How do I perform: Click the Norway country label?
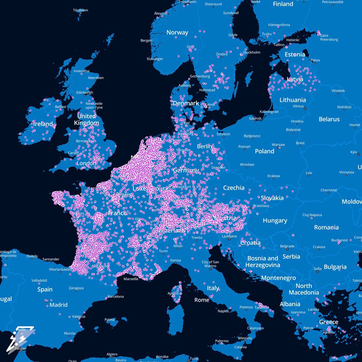coord(177,32)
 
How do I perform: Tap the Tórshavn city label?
coord(80,10)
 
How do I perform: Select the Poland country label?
coord(264,151)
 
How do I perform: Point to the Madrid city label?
coord(58,305)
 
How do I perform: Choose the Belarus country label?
coord(329,119)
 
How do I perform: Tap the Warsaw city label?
coord(278,145)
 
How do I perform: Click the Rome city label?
coord(201,300)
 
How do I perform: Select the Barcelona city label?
coord(115,296)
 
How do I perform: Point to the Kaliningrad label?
coord(269,112)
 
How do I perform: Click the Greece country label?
coord(328,322)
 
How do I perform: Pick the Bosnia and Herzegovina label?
coord(263,261)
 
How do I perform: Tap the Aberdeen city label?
coord(96,78)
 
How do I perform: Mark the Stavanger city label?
coord(155,59)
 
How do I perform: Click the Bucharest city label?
coord(340,240)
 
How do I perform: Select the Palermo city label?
coord(222,341)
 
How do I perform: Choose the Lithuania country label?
coord(292,100)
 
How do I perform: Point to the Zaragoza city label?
coord(76,288)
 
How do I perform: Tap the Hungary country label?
coord(275,220)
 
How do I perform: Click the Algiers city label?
coord(112,354)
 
